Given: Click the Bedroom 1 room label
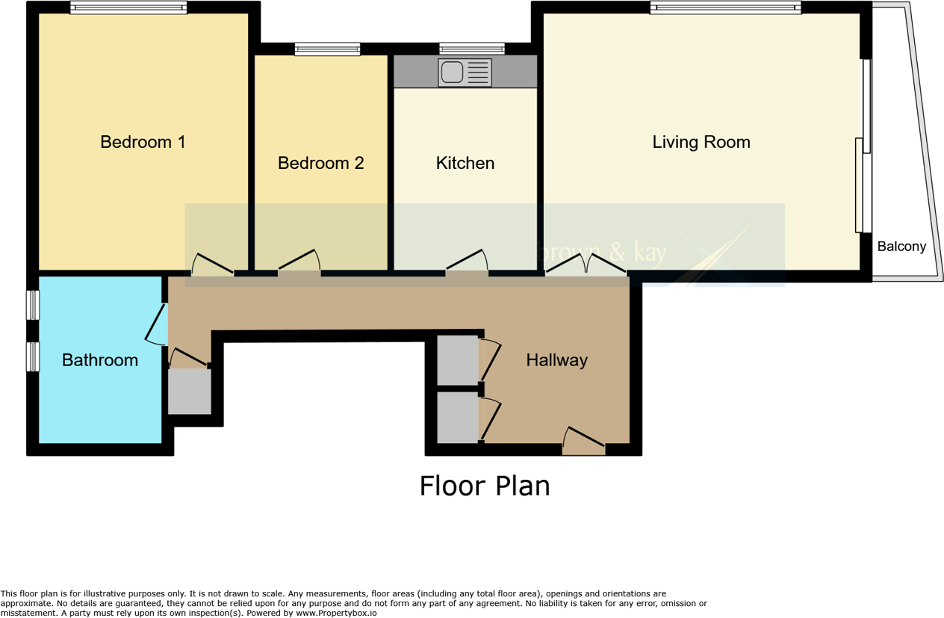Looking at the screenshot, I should pyautogui.click(x=143, y=142).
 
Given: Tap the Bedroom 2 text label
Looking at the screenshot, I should pyautogui.click(x=320, y=163).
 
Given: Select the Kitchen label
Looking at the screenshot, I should pyautogui.click(x=465, y=163).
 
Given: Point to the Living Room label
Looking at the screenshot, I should pyautogui.click(x=701, y=142).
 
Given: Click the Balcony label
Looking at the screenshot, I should pyautogui.click(x=901, y=247).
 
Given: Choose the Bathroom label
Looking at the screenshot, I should pyautogui.click(x=99, y=360).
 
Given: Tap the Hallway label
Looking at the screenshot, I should pyautogui.click(x=556, y=360).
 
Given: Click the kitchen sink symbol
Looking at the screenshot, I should pyautogui.click(x=465, y=72).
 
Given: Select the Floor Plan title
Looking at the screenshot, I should pyautogui.click(x=484, y=486).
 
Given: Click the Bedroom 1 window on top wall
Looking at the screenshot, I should pyautogui.click(x=128, y=7).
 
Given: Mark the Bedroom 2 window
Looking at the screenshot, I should pyautogui.click(x=327, y=49).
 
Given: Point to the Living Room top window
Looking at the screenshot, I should pyautogui.click(x=725, y=7).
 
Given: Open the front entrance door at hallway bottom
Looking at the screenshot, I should pyautogui.click(x=584, y=442).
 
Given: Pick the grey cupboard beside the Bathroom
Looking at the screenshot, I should pyautogui.click(x=189, y=391).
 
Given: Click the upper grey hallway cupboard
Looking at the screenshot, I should pyautogui.click(x=457, y=360).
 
